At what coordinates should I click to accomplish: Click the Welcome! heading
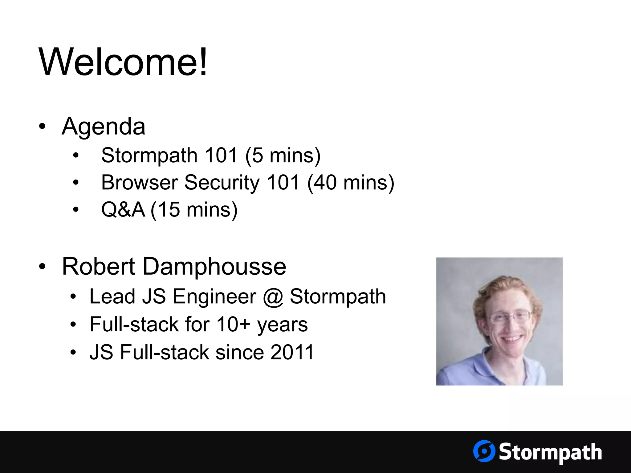coord(123,62)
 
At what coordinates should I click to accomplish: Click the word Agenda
coord(104,127)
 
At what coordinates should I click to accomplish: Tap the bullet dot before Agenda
coord(43,126)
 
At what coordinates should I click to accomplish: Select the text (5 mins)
coord(283,156)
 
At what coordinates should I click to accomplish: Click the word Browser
coord(140,183)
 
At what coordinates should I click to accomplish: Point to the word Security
coord(222,183)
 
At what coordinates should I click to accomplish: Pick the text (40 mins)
coord(351,183)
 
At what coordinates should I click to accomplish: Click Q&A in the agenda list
coord(123,210)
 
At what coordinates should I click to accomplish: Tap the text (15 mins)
coord(194,210)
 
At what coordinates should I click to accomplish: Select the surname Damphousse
coord(214,266)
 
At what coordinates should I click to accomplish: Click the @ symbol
coord(273,297)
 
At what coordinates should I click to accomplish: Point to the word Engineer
coord(214,297)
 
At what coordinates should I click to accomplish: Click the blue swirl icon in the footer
coord(484,451)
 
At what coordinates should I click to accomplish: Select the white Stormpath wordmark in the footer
coord(550,452)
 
